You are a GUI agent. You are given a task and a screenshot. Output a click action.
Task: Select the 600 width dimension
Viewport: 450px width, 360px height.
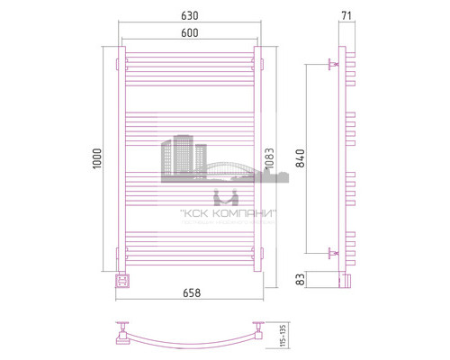pyautogui.click(x=189, y=34)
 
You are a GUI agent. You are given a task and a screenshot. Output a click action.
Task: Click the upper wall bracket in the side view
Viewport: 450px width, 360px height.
pyautogui.click(x=335, y=64)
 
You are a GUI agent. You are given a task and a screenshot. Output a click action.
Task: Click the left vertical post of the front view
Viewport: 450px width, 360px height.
pyautogui.click(x=122, y=162)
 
